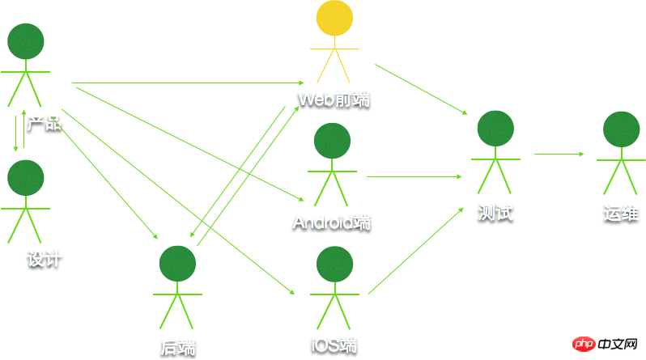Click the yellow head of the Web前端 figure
[x=334, y=19]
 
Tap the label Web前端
[x=334, y=99]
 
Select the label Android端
[x=332, y=221]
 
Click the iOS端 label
[x=334, y=342]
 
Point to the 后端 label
[x=178, y=346]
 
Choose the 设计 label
[x=45, y=259]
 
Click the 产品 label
[x=44, y=123]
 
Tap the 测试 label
[x=495, y=213]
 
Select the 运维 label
[x=621, y=214]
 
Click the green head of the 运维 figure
[x=622, y=129]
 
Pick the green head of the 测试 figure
[x=495, y=129]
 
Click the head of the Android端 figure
[x=332, y=141]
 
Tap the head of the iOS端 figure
[x=334, y=265]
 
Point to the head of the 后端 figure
[x=178, y=265]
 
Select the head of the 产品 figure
[x=26, y=41]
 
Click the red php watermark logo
[x=584, y=344]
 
